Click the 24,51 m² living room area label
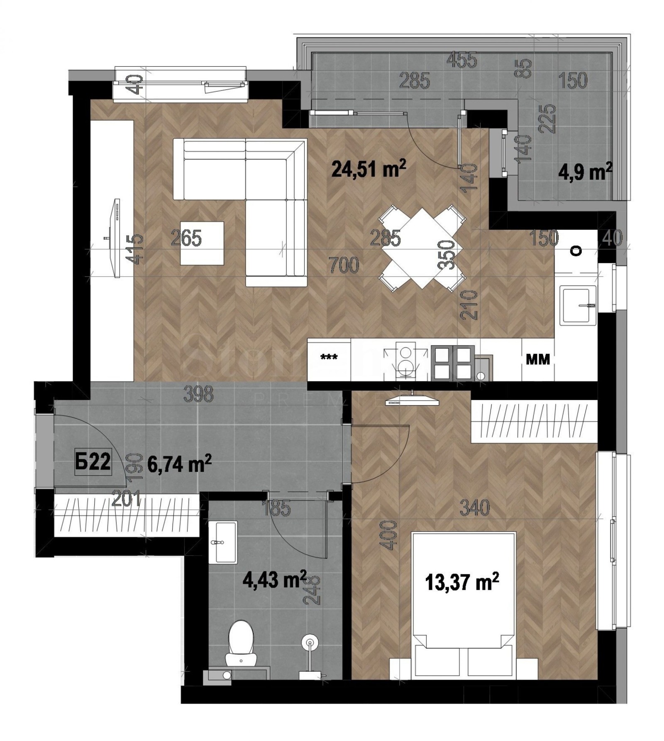pyautogui.click(x=368, y=169)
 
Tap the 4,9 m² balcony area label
pyautogui.click(x=585, y=172)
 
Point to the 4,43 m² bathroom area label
pyautogui.click(x=274, y=579)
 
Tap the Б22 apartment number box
pyautogui.click(x=93, y=462)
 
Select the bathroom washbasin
pyautogui.click(x=222, y=542)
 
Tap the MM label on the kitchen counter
pyautogui.click(x=537, y=359)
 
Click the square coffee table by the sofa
pyautogui.click(x=202, y=243)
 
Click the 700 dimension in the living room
pyautogui.click(x=343, y=265)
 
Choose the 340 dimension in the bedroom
pyautogui.click(x=474, y=508)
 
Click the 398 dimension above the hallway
pyautogui.click(x=198, y=394)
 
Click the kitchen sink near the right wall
pyautogui.click(x=578, y=305)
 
